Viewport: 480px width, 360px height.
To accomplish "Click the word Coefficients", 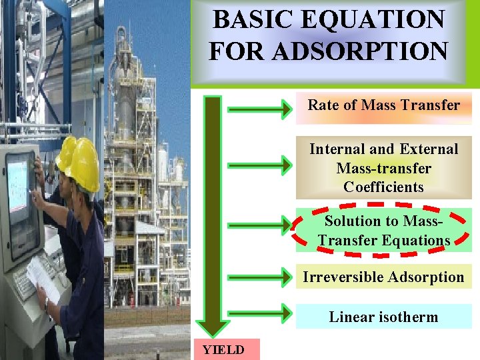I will (x=383, y=187).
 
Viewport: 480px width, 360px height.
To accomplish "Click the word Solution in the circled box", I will (x=351, y=221).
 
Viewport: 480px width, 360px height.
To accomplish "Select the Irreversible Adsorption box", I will (x=383, y=277).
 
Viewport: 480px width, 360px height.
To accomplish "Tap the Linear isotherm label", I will (x=383, y=317).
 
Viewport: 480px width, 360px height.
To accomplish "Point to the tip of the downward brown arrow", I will (x=213, y=333).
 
